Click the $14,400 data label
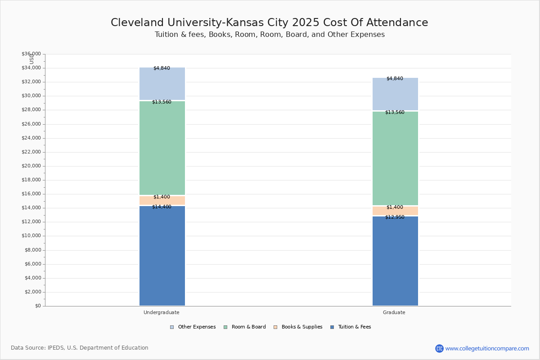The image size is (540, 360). pos(162,207)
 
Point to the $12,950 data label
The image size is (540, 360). pos(395,217)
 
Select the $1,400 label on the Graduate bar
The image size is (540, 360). pos(395,207)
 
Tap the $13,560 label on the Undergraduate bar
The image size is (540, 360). pos(162,102)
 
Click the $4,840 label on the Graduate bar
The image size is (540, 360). pos(395,79)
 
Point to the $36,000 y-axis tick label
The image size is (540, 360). pos(31,54)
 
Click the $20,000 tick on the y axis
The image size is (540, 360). pos(31,166)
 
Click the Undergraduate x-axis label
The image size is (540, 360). pos(162,312)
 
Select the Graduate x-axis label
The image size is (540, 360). pos(394,312)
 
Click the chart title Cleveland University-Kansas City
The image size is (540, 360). pos(270,23)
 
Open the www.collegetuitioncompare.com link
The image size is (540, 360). pos(487,348)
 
